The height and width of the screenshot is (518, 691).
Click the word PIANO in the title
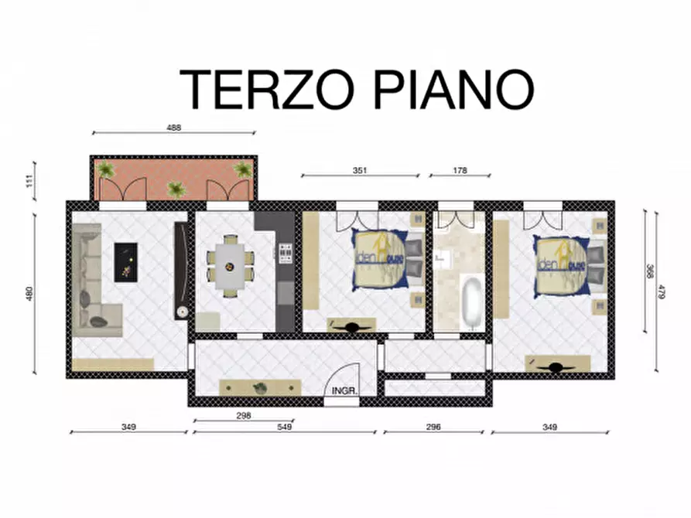[x=455, y=88]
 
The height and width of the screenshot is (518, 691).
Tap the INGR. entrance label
[x=344, y=391]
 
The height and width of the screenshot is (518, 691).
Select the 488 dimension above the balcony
[x=174, y=128]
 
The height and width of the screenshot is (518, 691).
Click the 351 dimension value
[x=359, y=170]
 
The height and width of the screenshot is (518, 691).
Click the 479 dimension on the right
[x=662, y=291]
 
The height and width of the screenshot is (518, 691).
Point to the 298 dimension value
[x=242, y=415]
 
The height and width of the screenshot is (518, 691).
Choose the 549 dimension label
[x=284, y=427]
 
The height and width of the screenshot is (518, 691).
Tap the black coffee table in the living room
[x=125, y=261]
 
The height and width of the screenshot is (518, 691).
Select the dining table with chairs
[x=229, y=266]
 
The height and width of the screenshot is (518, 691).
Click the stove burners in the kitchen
[x=286, y=252]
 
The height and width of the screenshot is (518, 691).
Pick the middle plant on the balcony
[x=176, y=189]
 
